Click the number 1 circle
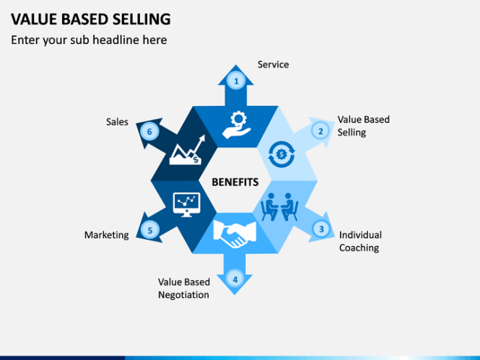[235, 81]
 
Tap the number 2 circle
[320, 131]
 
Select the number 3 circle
[320, 229]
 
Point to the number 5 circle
[149, 231]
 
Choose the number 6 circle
[149, 131]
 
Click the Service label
[273, 65]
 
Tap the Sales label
[117, 122]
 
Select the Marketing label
[106, 235]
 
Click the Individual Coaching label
[360, 242]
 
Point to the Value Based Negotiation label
[183, 289]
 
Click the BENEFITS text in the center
[235, 183]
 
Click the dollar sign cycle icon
[281, 153]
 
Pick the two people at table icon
[281, 208]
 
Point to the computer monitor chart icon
[186, 205]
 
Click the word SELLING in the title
[140, 18]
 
